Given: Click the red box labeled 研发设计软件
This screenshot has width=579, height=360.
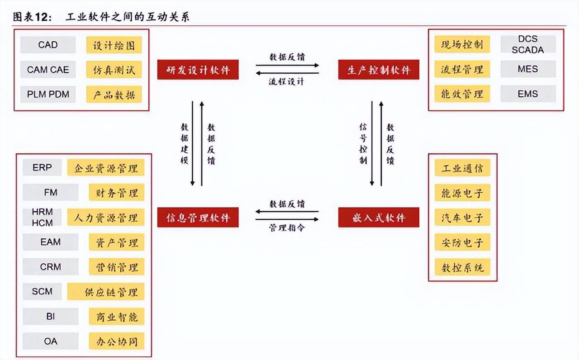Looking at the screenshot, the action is click(198, 70).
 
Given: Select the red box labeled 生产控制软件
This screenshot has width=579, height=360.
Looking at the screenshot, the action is click(379, 70).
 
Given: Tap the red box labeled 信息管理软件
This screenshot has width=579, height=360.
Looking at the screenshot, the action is click(198, 218).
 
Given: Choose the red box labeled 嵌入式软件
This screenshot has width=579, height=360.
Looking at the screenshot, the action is click(379, 218).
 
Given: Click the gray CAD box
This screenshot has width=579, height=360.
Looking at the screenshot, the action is click(48, 45).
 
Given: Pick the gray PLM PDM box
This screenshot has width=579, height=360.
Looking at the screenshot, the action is click(48, 95).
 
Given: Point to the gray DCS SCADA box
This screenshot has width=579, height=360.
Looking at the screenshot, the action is click(528, 44).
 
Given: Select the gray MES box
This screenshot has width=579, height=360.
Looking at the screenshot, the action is click(528, 69).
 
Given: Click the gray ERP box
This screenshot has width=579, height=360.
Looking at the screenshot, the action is click(42, 167).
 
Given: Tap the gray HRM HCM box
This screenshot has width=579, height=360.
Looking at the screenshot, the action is click(42, 217).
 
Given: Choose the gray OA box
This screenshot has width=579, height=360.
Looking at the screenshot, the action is click(50, 341).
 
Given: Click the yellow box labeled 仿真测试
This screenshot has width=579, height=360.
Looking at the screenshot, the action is click(114, 70).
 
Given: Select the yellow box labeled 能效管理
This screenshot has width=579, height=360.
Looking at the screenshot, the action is click(462, 94).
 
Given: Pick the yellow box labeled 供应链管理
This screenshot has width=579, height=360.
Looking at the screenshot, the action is click(106, 292).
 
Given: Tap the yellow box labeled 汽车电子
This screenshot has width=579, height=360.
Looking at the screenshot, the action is click(462, 218).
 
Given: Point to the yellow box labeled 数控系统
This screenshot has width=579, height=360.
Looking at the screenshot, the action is click(462, 267).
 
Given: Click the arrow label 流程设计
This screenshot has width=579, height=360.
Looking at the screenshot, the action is click(286, 82).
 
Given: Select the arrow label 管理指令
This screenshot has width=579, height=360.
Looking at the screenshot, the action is click(287, 227).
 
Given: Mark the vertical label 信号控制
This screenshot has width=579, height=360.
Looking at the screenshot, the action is click(363, 144).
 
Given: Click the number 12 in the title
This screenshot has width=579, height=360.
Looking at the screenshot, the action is click(41, 17).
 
